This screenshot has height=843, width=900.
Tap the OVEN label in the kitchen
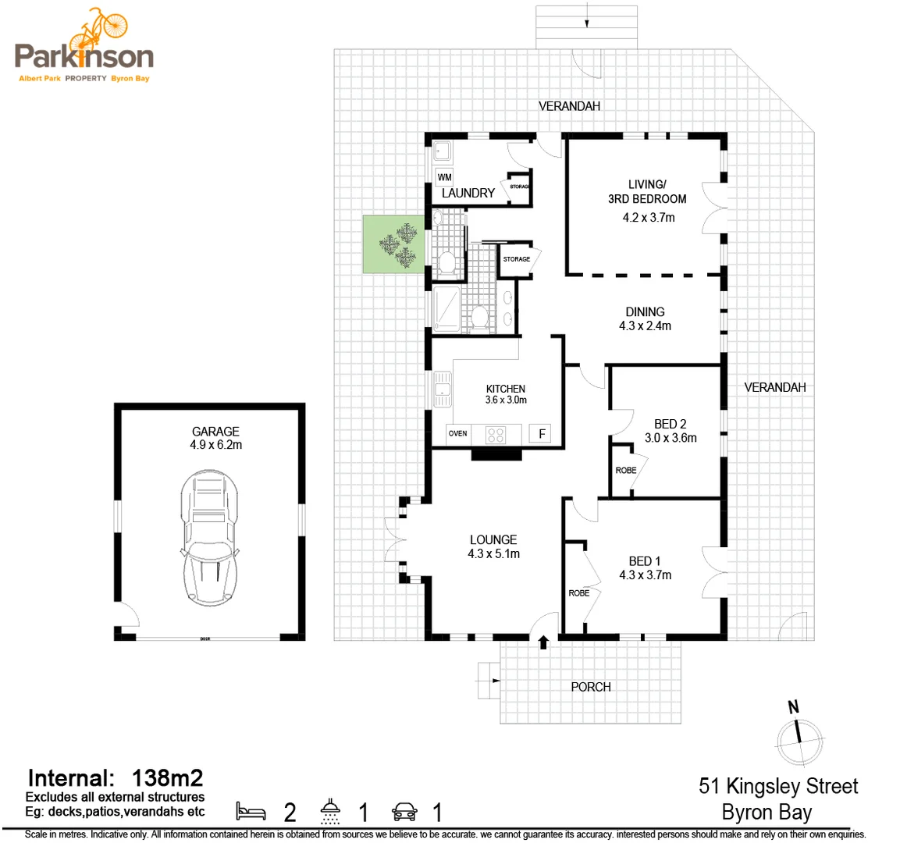[x=458, y=433]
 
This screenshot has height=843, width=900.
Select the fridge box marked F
[x=542, y=433]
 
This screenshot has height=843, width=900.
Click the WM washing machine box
[x=444, y=177]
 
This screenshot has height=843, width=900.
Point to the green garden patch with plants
[x=394, y=244]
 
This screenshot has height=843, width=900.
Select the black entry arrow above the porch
[x=543, y=642]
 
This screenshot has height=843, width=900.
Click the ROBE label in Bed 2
[x=626, y=471]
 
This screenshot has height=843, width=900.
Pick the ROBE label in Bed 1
[x=579, y=593]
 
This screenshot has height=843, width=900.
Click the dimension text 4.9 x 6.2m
[x=215, y=445]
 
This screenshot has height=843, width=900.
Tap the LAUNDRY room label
[x=468, y=193]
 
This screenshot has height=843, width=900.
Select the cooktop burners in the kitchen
[x=496, y=433]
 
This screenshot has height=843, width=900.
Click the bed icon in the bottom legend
[x=251, y=811]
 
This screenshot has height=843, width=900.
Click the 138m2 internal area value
[x=168, y=777]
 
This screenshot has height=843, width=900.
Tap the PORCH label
[x=591, y=687]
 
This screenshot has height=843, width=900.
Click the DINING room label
[x=645, y=311]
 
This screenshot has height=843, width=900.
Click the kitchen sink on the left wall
[x=443, y=389]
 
